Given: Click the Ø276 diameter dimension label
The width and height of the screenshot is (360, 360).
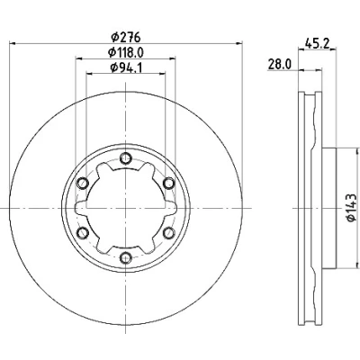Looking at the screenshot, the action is click(125, 37).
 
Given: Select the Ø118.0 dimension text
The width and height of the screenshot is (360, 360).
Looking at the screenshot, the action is click(126, 52).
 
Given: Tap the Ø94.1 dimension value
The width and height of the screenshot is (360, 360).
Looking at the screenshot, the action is click(126, 67).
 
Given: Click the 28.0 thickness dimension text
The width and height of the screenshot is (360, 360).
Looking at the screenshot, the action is click(280, 65).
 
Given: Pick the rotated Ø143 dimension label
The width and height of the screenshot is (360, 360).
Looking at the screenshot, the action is click(352, 208).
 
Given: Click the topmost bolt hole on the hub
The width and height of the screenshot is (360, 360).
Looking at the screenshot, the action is click(125, 158).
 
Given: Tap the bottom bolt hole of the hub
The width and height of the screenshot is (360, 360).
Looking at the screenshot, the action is click(125, 257).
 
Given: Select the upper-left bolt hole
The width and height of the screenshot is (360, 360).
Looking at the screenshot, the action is click(83, 183).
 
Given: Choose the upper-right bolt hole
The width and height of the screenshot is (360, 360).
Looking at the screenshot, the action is click(168, 183).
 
